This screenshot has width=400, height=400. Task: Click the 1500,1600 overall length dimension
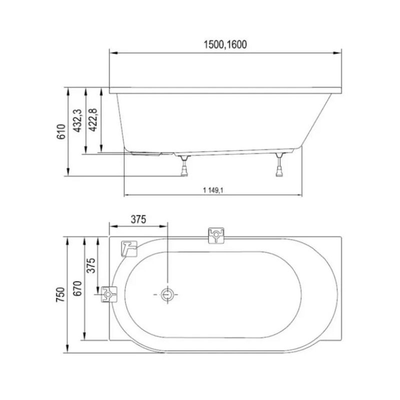tap(225, 44)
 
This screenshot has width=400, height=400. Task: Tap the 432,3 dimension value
tap(77, 121)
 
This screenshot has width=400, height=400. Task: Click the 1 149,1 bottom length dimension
tap(214, 189)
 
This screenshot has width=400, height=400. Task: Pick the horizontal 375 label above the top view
tap(138, 219)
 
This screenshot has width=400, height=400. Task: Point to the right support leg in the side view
tap(278, 165)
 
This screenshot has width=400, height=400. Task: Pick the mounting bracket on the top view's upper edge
tap(216, 235)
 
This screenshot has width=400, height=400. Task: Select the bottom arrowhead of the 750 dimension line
tap(67, 350)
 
